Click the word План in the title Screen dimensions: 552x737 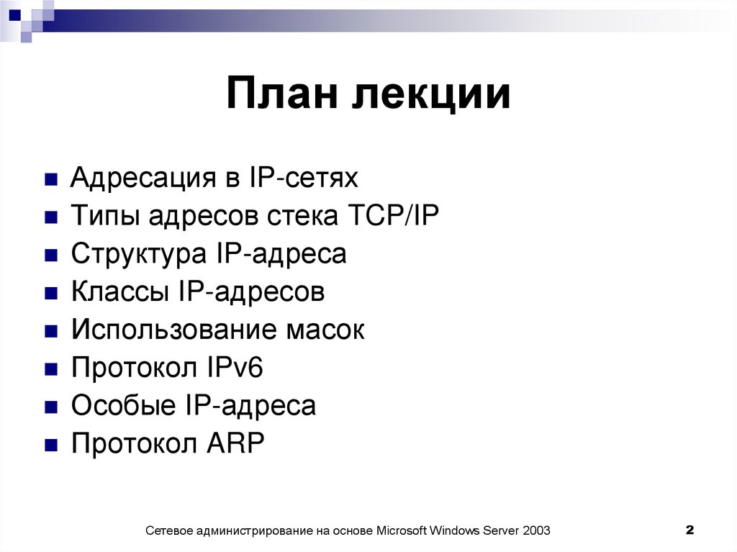pyautogui.click(x=281, y=95)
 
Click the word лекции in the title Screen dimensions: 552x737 pyautogui.click(x=432, y=96)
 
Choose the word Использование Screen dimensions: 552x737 pyautogui.click(x=173, y=330)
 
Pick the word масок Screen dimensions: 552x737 pyautogui.click(x=327, y=330)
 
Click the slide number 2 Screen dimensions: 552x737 pyautogui.click(x=689, y=530)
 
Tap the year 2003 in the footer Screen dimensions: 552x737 pyautogui.click(x=536, y=531)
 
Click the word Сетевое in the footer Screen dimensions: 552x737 pyautogui.click(x=171, y=531)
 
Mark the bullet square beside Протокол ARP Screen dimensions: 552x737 pyautogui.click(x=50, y=445)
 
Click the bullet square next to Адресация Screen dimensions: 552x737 pyautogui.click(x=50, y=179)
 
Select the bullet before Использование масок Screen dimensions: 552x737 pyautogui.click(x=50, y=331)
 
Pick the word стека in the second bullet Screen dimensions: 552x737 pyautogui.click(x=299, y=216)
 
